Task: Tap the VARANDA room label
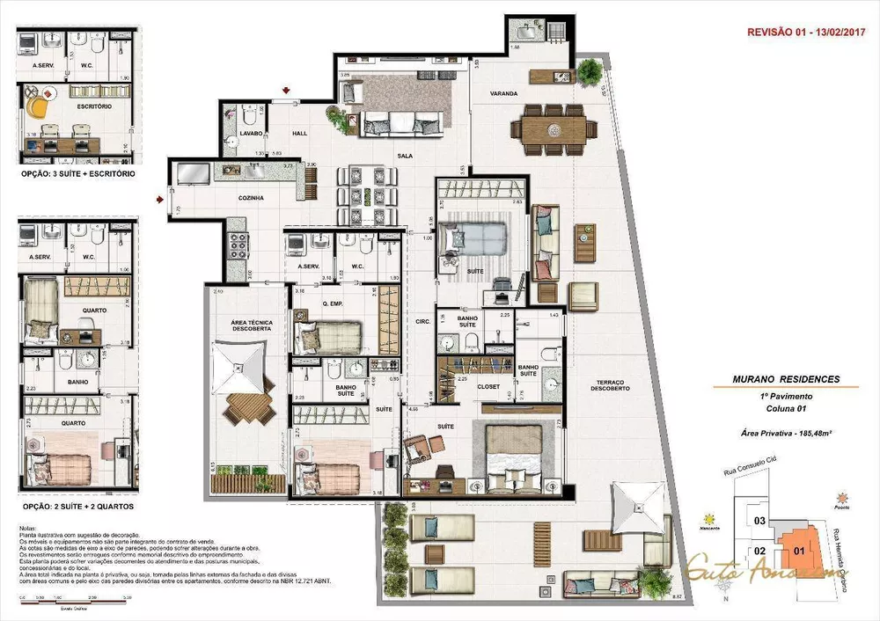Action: tap(504, 93)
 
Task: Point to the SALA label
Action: tap(405, 156)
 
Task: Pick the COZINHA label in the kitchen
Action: tap(251, 198)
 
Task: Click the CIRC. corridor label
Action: tap(422, 322)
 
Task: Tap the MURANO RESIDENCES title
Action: tap(786, 380)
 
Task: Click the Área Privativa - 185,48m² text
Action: tap(786, 435)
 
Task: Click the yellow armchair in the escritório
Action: tap(36, 104)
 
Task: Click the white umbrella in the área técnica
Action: tap(238, 362)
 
